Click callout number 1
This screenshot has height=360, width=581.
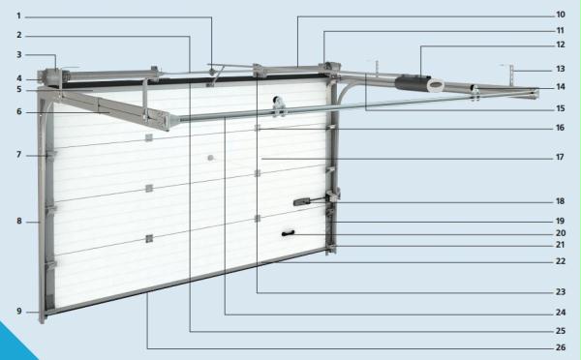18,15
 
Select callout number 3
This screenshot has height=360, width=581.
19,54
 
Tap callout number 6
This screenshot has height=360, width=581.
19,111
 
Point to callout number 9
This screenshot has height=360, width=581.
19,311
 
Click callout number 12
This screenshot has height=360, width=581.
561,45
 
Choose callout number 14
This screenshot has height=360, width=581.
561,87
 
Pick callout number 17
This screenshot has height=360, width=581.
560,157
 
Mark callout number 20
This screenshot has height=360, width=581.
561,233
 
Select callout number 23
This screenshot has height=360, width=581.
561,292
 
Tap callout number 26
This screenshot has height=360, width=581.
561,347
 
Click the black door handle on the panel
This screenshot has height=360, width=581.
288,233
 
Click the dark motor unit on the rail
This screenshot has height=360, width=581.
412,83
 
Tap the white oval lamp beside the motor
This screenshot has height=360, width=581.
436,85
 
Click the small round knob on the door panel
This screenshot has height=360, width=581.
210,158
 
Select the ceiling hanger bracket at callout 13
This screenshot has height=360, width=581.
511,75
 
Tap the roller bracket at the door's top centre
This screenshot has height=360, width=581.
279,105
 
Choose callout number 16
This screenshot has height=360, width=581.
561,128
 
